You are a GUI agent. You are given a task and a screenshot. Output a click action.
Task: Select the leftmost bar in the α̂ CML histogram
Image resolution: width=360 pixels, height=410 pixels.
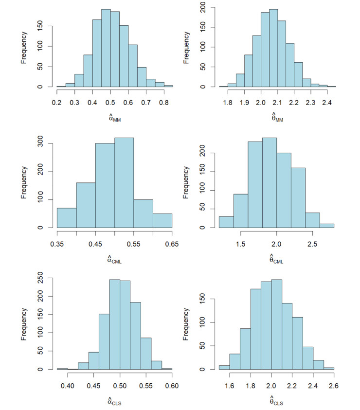pyautogui.click(x=67, y=217)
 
